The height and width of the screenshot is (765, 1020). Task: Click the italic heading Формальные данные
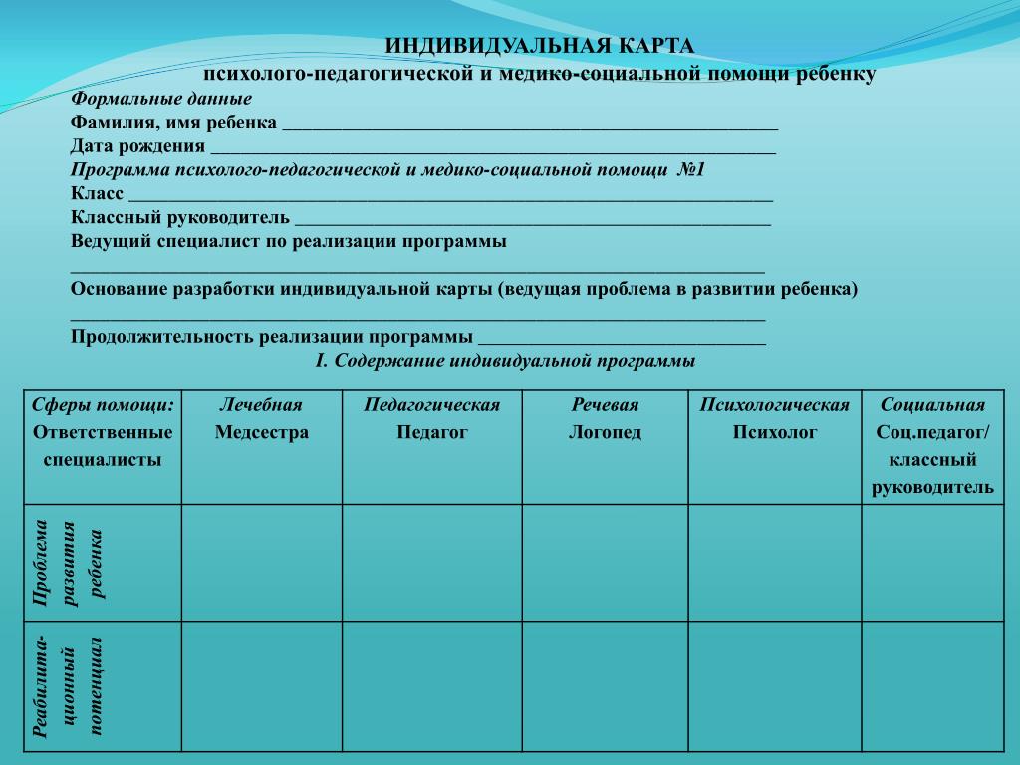tap(160, 100)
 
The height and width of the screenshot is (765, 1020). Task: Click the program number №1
tap(690, 170)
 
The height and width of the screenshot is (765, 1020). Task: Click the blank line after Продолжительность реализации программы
tap(622, 340)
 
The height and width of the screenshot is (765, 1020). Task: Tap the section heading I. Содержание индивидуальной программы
tap(505, 361)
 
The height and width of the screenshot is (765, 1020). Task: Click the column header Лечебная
tap(261, 405)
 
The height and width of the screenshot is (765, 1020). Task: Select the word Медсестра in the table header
tap(261, 432)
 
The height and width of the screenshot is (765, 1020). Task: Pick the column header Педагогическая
tap(431, 405)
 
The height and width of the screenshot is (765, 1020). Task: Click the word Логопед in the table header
tap(605, 432)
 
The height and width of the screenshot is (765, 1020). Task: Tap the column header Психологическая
tap(774, 405)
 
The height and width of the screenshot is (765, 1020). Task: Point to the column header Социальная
tap(932, 405)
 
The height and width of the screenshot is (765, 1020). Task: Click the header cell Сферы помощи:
tap(103, 405)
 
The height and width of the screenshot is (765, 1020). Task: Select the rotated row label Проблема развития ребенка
tap(68, 562)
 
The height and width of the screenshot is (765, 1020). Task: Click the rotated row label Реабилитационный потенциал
tap(68, 685)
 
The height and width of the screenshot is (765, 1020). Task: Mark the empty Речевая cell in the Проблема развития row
tap(605, 563)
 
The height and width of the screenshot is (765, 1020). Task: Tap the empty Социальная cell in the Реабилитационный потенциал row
tap(932, 685)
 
